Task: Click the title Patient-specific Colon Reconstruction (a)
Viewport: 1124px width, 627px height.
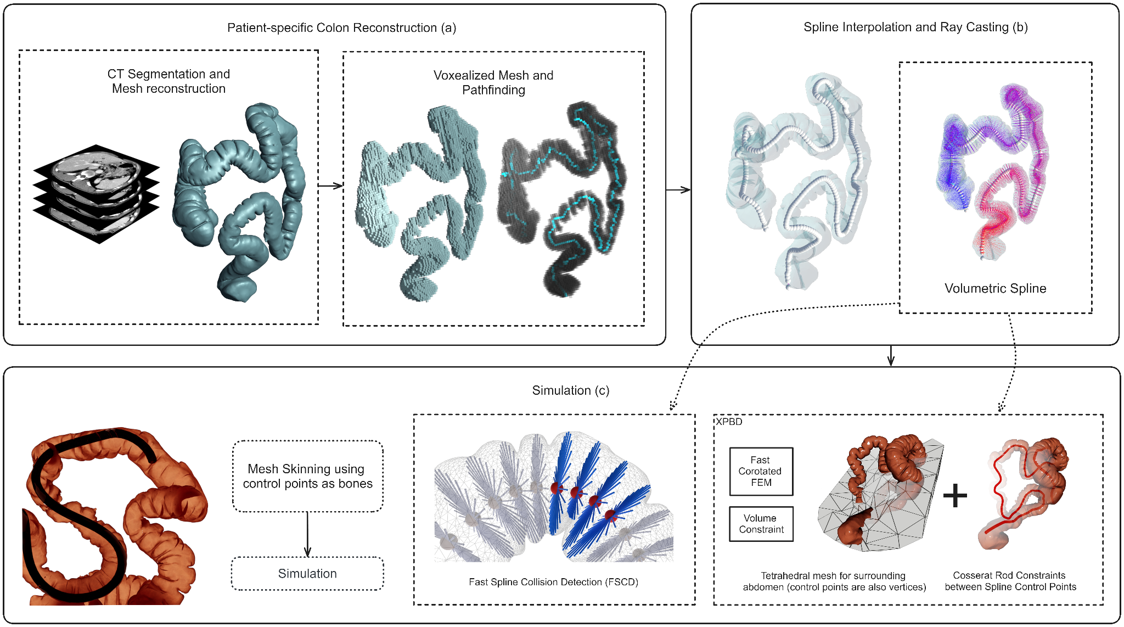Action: click(341, 28)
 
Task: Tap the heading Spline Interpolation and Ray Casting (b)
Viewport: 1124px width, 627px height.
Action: click(915, 27)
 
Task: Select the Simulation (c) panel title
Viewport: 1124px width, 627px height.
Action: click(570, 390)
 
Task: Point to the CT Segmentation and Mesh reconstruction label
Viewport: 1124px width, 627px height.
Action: click(168, 81)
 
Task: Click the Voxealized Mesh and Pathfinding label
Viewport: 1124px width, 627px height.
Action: click(493, 83)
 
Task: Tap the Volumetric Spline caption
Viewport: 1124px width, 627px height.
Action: click(995, 288)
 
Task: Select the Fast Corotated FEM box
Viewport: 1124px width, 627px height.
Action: click(761, 471)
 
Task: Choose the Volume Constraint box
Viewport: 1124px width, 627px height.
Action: click(761, 524)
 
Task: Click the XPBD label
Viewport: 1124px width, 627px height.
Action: click(729, 422)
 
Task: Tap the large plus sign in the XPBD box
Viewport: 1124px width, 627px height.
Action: click(955, 495)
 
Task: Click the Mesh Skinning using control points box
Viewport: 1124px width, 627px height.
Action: click(307, 476)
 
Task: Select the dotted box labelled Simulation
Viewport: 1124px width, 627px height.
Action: click(307, 573)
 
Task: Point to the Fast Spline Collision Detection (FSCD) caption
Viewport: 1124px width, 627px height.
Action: click(553, 582)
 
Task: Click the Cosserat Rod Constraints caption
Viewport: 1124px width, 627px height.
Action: click(1010, 581)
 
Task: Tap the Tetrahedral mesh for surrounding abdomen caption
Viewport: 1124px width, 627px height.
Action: click(834, 581)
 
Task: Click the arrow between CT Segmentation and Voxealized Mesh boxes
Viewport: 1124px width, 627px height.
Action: click(330, 186)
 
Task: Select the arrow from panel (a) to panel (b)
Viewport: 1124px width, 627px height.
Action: click(678, 190)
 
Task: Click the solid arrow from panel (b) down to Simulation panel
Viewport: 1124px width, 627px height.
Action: click(891, 356)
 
